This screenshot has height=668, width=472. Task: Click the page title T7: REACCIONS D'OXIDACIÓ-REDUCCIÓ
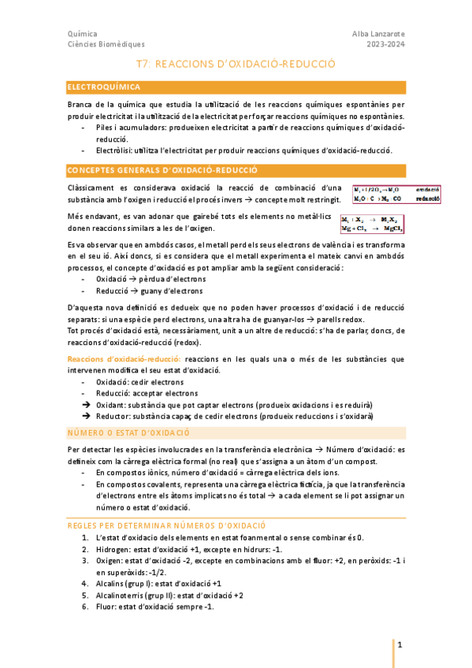(236, 68)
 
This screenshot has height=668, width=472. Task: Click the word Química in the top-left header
(83, 34)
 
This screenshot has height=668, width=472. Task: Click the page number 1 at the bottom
(400, 645)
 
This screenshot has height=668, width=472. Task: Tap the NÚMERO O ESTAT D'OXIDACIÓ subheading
(129, 432)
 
